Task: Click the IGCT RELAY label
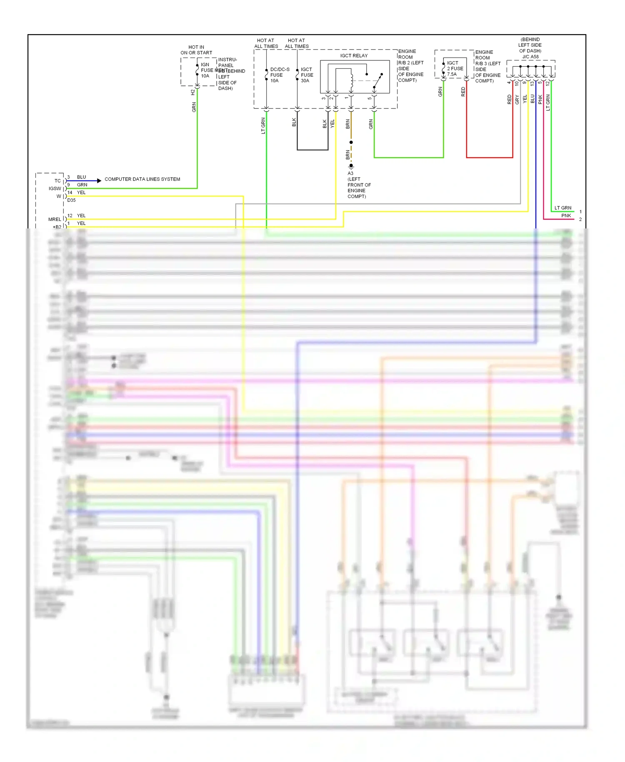(354, 55)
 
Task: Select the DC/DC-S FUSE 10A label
(279, 75)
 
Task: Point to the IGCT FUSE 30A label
(307, 75)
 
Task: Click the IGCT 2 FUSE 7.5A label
(455, 68)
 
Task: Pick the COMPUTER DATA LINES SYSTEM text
(142, 179)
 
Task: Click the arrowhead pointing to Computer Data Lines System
(99, 180)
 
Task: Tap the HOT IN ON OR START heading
(196, 50)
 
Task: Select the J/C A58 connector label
(530, 57)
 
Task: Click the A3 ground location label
(350, 173)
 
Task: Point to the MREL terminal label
(55, 219)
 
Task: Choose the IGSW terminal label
(55, 188)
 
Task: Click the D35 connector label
(72, 200)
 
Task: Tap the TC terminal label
(57, 181)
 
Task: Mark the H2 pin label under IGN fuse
(192, 92)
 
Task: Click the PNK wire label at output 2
(566, 216)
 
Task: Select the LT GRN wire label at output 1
(562, 208)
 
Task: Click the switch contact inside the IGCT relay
(377, 81)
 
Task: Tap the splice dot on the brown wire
(351, 142)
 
